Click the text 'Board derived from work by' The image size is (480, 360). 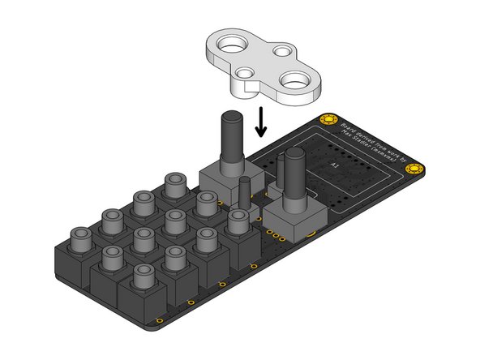366,141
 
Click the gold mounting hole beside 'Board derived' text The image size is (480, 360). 328,120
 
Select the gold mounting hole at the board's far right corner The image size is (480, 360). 416,169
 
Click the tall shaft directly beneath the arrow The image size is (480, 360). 230,142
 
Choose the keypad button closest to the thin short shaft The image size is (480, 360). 238,221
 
